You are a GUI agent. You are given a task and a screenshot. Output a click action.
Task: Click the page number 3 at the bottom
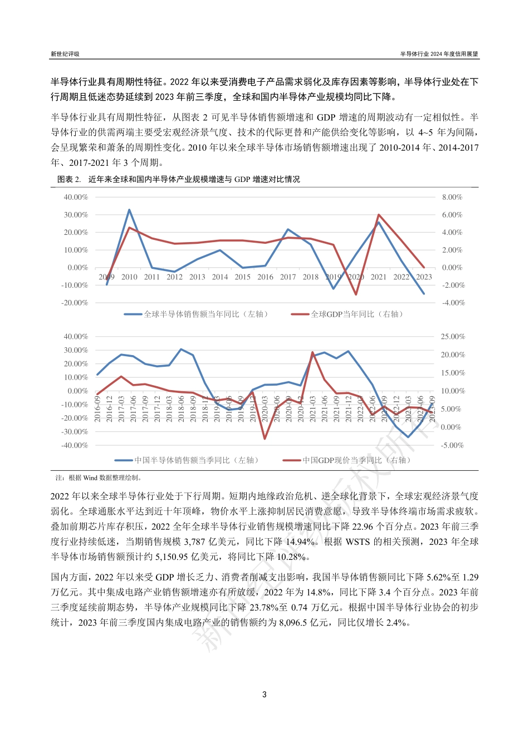[x=264, y=694]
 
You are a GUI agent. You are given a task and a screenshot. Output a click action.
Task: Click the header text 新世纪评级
[x=65, y=54]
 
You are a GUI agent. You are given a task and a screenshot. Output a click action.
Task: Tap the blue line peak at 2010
[x=129, y=210]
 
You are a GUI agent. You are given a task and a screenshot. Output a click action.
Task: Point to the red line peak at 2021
[x=379, y=215]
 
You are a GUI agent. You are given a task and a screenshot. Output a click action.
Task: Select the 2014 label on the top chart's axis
[x=220, y=277]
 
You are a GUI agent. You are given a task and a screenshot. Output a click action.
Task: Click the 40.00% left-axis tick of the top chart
[x=76, y=197]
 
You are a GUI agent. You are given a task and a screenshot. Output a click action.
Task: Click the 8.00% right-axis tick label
[x=452, y=197]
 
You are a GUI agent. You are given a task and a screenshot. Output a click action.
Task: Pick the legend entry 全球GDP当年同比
[x=356, y=314]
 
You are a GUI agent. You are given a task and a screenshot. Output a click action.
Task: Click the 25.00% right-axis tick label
[x=453, y=337]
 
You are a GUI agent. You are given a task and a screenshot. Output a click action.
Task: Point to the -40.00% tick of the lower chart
[x=76, y=445]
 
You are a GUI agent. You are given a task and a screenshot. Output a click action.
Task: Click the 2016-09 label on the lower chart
[x=98, y=409]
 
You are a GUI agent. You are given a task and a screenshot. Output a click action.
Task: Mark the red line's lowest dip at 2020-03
[x=265, y=439]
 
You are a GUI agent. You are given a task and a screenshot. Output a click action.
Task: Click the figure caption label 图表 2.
[x=69, y=179]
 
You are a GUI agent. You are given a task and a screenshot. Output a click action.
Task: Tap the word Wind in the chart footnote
[x=90, y=478]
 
